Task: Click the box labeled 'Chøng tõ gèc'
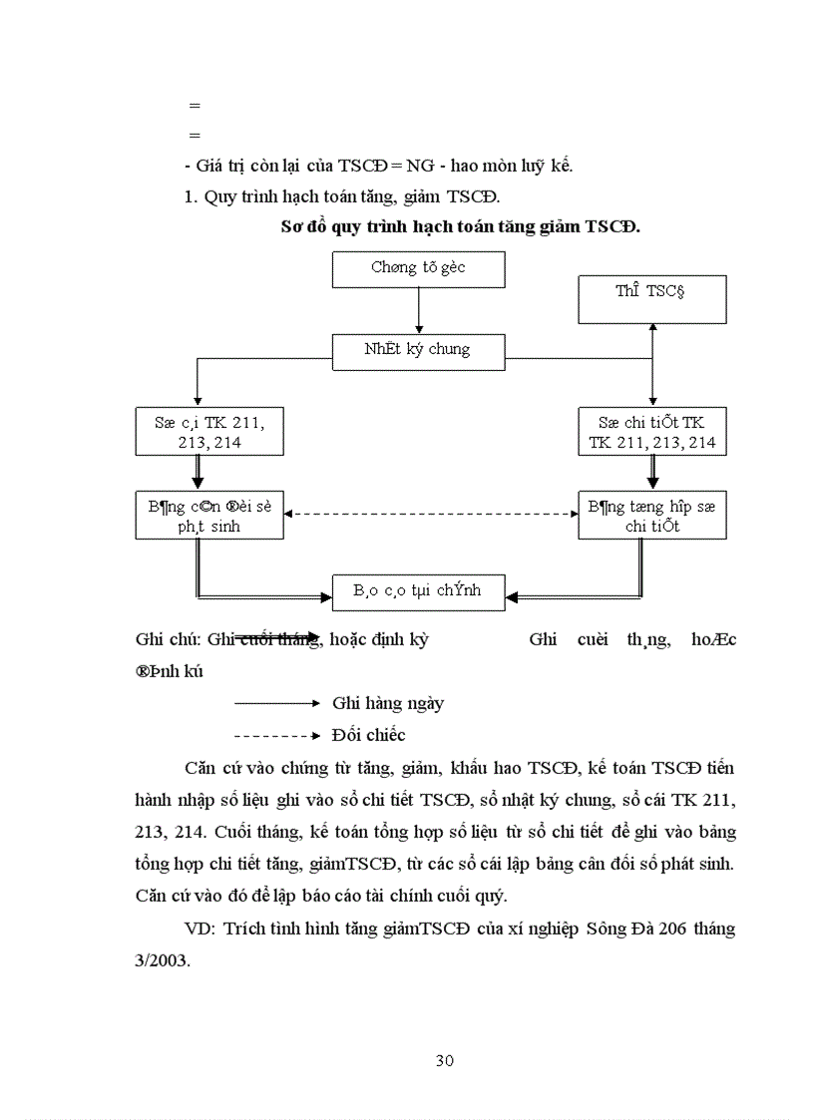pos(418,269)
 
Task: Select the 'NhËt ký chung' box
pos(418,350)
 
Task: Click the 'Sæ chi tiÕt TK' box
pos(651,432)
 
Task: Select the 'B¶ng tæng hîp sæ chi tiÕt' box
pos(651,515)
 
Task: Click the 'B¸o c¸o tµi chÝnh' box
pos(418,590)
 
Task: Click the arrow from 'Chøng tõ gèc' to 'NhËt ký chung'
pos(418,310)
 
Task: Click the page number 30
pos(445,1060)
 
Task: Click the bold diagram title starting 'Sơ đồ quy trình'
pos(460,226)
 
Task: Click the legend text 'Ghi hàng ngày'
pos(388,703)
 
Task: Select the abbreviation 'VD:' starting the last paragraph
pos(202,929)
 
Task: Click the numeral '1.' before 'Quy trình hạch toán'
pos(192,196)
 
